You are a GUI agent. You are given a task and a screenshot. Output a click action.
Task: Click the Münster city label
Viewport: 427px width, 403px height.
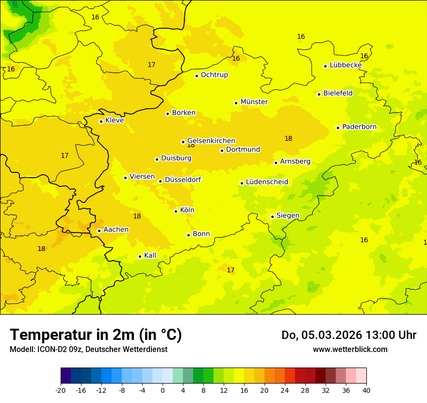pyautogui.click(x=254, y=102)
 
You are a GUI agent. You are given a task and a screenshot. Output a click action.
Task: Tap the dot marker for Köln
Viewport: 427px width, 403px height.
pyautogui.click(x=176, y=211)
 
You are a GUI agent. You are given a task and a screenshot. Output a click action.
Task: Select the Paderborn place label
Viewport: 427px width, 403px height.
pyautogui.click(x=359, y=127)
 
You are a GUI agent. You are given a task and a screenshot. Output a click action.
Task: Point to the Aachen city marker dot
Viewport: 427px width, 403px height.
pyautogui.click(x=99, y=231)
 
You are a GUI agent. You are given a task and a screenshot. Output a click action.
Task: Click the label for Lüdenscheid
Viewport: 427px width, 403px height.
pyautogui.click(x=267, y=182)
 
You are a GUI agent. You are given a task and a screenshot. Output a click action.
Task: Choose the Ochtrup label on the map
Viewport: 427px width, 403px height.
pyautogui.click(x=214, y=75)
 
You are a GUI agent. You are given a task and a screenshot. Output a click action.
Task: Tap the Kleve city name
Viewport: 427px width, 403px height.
pyautogui.click(x=115, y=120)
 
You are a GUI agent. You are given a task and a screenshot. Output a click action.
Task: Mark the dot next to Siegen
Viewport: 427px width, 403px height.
pyautogui.click(x=272, y=217)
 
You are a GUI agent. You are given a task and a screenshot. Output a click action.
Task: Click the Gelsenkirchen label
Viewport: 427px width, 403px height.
pyautogui.click(x=211, y=141)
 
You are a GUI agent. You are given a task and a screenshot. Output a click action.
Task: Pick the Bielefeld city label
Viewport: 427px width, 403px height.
pyautogui.click(x=338, y=93)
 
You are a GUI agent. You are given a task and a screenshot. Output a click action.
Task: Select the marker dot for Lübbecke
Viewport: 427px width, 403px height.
pyautogui.click(x=325, y=66)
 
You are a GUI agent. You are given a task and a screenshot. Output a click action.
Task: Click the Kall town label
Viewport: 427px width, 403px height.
pyautogui.click(x=150, y=255)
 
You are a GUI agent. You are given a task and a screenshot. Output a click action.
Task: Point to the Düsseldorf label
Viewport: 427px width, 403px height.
pyautogui.click(x=182, y=180)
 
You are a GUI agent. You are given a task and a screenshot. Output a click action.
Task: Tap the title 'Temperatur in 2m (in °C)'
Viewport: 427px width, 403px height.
pyautogui.click(x=96, y=335)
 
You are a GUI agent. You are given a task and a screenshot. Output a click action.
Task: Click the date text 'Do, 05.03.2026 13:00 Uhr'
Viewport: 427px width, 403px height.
pyautogui.click(x=348, y=335)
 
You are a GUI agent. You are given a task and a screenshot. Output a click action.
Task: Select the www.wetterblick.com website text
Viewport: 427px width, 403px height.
pyautogui.click(x=350, y=350)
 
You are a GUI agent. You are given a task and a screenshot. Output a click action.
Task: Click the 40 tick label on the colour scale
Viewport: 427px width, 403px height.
pyautogui.click(x=366, y=390)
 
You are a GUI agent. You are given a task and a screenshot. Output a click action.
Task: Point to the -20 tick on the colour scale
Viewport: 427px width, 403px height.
pyautogui.click(x=61, y=390)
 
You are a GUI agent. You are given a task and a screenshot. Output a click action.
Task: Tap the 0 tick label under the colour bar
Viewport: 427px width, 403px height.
pyautogui.click(x=163, y=390)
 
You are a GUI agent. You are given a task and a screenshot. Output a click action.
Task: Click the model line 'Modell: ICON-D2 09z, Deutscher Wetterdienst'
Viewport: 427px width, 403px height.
pyautogui.click(x=88, y=350)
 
